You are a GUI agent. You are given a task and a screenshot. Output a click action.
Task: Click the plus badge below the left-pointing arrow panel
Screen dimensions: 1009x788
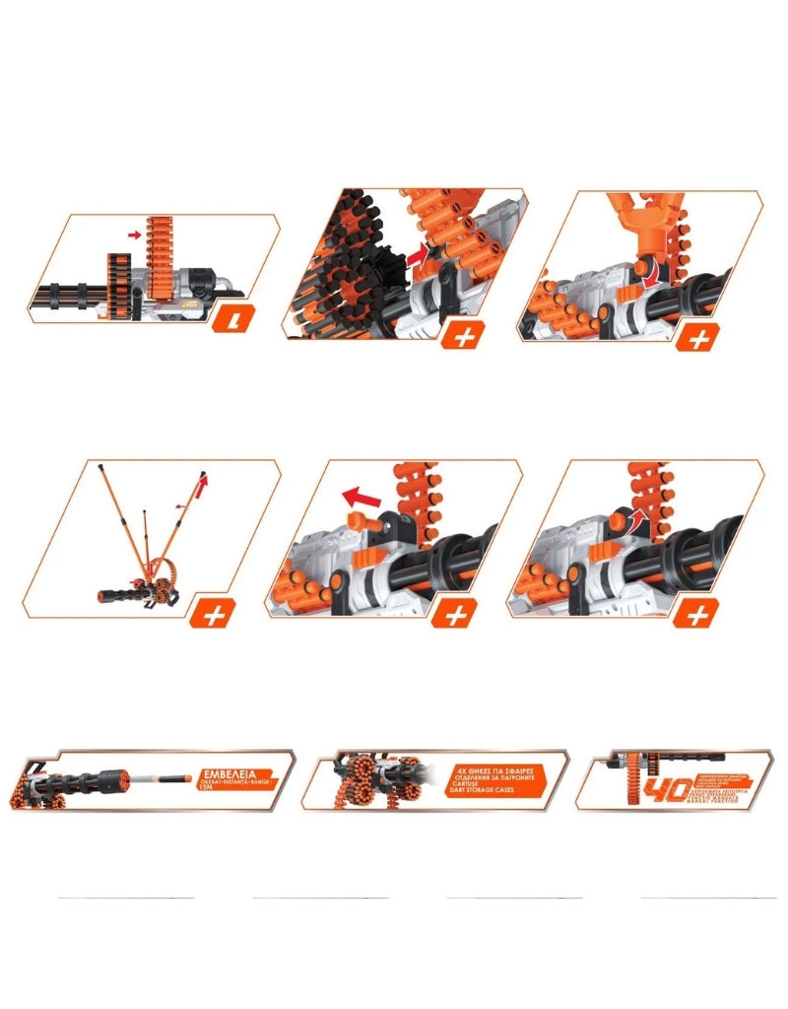click(455, 616)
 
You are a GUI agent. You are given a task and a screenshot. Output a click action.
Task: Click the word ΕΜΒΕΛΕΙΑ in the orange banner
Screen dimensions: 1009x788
click(232, 772)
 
